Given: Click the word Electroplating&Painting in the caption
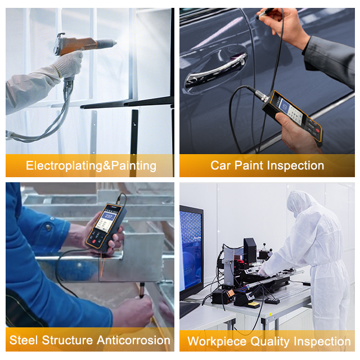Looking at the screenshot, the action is (x=91, y=166).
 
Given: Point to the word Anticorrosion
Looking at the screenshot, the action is (x=134, y=340).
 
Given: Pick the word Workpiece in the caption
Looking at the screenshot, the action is (x=217, y=341).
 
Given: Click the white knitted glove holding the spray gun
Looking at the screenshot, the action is (x=69, y=64).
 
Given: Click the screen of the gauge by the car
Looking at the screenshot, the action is (x=285, y=106).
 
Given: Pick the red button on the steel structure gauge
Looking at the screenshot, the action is (x=94, y=241).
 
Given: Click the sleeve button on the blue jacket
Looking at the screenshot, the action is (x=48, y=227).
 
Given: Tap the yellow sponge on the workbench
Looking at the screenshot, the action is (x=254, y=305).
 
